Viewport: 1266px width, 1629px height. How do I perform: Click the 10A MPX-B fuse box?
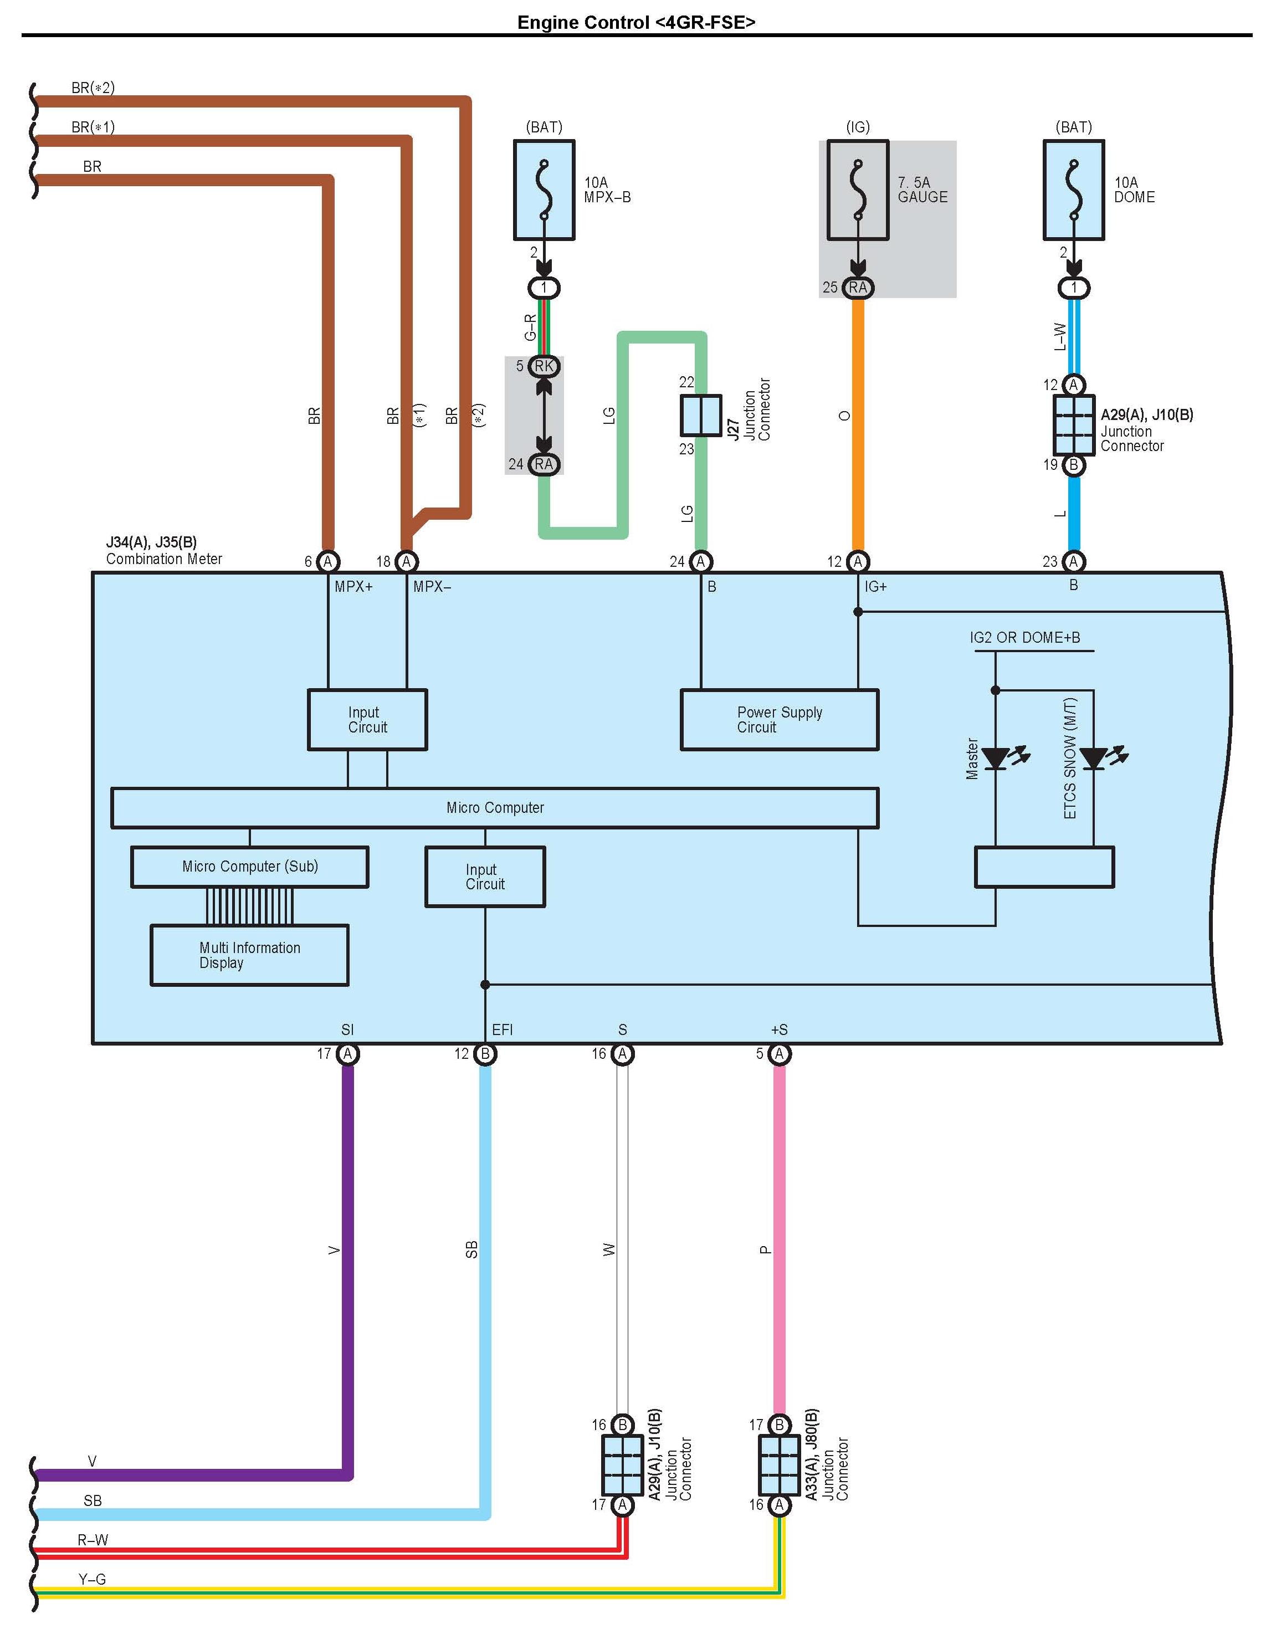click(544, 190)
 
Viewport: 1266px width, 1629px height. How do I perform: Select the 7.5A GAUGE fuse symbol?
click(858, 190)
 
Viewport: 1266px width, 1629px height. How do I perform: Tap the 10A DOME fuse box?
click(1074, 190)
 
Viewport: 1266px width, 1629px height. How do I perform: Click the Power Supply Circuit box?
click(779, 720)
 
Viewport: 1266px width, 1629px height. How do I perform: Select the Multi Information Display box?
click(249, 955)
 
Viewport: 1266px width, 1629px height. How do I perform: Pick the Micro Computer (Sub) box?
click(249, 867)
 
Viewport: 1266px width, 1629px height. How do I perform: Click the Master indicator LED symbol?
click(996, 759)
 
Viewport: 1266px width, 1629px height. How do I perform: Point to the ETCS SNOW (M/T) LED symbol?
click(1094, 759)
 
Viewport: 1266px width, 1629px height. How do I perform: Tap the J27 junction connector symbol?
click(700, 416)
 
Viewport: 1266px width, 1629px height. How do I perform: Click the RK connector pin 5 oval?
click(544, 366)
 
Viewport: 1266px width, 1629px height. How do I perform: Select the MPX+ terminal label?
click(353, 587)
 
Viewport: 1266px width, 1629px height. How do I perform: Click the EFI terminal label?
click(502, 1030)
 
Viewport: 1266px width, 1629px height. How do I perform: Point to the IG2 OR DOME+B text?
click(1024, 638)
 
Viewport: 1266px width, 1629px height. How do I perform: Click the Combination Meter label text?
click(164, 559)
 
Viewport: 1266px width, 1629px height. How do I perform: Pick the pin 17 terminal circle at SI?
click(347, 1054)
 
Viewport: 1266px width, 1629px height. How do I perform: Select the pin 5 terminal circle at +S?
click(779, 1054)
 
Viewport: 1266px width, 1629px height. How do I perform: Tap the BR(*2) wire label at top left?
click(93, 88)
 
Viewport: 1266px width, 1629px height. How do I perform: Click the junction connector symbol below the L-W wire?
click(1074, 425)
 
